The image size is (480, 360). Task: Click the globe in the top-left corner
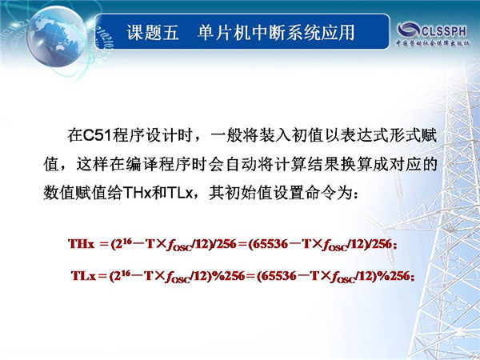56,36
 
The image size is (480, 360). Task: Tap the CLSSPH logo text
444,31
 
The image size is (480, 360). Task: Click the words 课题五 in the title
153,32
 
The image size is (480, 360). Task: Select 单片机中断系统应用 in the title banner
276,32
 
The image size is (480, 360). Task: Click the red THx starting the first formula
82,244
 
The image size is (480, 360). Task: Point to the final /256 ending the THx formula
379,244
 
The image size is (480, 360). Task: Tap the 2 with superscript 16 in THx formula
120,244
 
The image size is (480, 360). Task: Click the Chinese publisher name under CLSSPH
433,43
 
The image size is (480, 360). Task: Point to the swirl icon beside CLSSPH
408,30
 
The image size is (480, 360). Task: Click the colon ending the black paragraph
355,194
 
